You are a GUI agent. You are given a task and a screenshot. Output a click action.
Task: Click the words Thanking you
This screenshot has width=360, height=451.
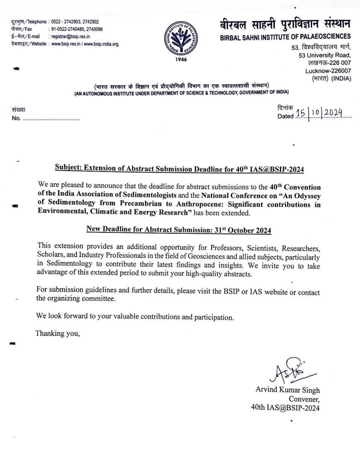click(x=58, y=333)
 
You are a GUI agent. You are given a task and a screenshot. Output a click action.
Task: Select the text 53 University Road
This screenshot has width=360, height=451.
click(x=324, y=55)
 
